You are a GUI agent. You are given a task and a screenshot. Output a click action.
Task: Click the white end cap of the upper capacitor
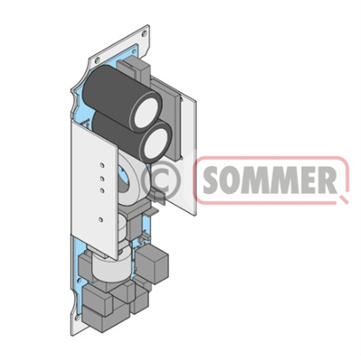coord(146,113)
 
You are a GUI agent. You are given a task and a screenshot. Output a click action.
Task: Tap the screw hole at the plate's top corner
coord(144,33)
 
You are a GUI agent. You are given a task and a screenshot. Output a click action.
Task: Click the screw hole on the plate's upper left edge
coord(97,60)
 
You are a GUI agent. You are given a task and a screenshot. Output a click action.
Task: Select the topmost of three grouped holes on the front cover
coord(102,165)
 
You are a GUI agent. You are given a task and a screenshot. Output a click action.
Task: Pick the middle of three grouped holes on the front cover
coord(102,179)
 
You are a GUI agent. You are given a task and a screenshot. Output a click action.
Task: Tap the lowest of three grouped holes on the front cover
coord(102,190)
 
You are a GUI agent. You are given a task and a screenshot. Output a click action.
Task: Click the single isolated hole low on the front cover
coord(101,219)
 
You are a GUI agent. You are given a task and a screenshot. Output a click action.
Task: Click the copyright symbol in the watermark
coord(162,180)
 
